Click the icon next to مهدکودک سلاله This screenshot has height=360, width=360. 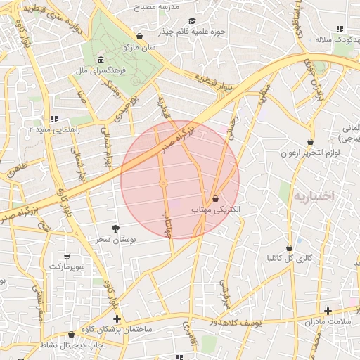point(340,29)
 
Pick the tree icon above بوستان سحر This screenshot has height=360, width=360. point(115,228)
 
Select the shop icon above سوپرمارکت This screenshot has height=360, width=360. point(67,257)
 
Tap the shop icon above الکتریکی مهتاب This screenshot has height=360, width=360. point(214,199)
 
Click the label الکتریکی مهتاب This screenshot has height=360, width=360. point(215,210)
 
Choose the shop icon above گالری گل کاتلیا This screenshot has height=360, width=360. point(290,247)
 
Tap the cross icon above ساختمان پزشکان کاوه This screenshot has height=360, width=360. point(117,319)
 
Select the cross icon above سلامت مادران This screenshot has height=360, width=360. point(328,310)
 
